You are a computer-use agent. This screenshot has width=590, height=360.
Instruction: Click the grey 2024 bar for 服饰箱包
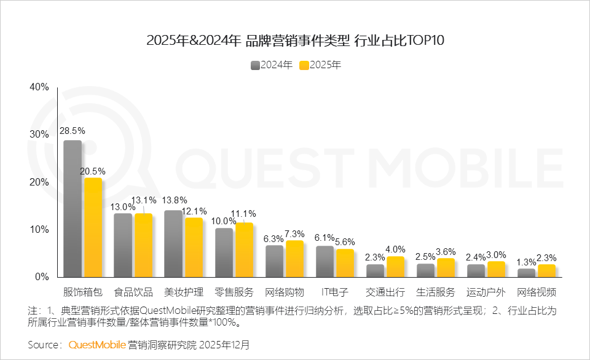coord(73,209)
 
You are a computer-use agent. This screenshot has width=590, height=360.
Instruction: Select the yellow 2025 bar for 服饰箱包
coord(93,227)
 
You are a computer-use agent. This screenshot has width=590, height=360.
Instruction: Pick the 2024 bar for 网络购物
coord(274,261)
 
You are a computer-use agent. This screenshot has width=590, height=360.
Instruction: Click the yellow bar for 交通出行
coord(395,267)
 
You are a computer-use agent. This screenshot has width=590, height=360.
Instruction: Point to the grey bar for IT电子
coord(324,262)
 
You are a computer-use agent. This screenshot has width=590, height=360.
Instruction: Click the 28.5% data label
coord(72,131)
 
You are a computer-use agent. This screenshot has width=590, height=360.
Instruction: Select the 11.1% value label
coord(244,213)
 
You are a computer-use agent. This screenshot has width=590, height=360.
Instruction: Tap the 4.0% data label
coord(395,249)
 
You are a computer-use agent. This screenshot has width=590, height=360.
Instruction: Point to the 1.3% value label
coord(526,262)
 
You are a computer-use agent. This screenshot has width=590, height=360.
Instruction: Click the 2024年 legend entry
coord(272,65)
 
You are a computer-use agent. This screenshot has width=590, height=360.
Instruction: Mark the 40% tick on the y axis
coord(39,87)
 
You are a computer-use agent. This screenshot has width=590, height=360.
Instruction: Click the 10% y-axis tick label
coord(39,229)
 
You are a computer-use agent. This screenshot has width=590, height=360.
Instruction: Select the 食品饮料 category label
coord(134,291)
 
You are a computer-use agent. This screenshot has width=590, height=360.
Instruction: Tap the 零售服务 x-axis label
coord(234,291)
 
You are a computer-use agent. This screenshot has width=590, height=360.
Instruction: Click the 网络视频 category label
coord(537,291)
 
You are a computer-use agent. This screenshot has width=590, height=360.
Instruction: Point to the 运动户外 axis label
coord(486,291)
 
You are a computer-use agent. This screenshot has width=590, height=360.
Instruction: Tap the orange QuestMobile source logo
coord(97,345)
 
